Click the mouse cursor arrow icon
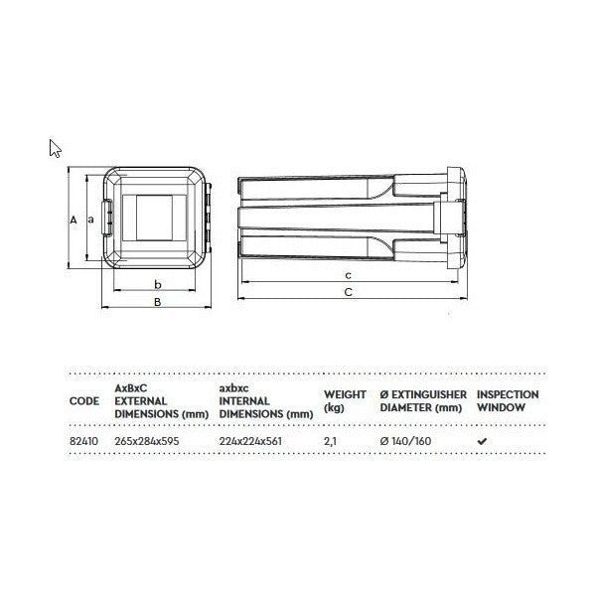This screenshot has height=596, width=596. coord(55,149)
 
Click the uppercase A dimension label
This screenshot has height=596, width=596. coord(74,220)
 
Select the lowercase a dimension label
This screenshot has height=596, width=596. coord(90,220)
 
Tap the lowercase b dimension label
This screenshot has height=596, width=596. coord(158,284)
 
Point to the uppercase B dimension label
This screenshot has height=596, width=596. coord(157,302)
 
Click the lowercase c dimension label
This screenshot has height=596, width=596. coord(349,275)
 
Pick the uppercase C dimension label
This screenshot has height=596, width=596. coord(349,292)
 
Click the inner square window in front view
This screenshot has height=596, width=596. coord(154,218)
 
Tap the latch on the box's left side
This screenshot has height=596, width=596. coord(107,218)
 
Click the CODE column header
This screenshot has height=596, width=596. coord(84,401)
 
